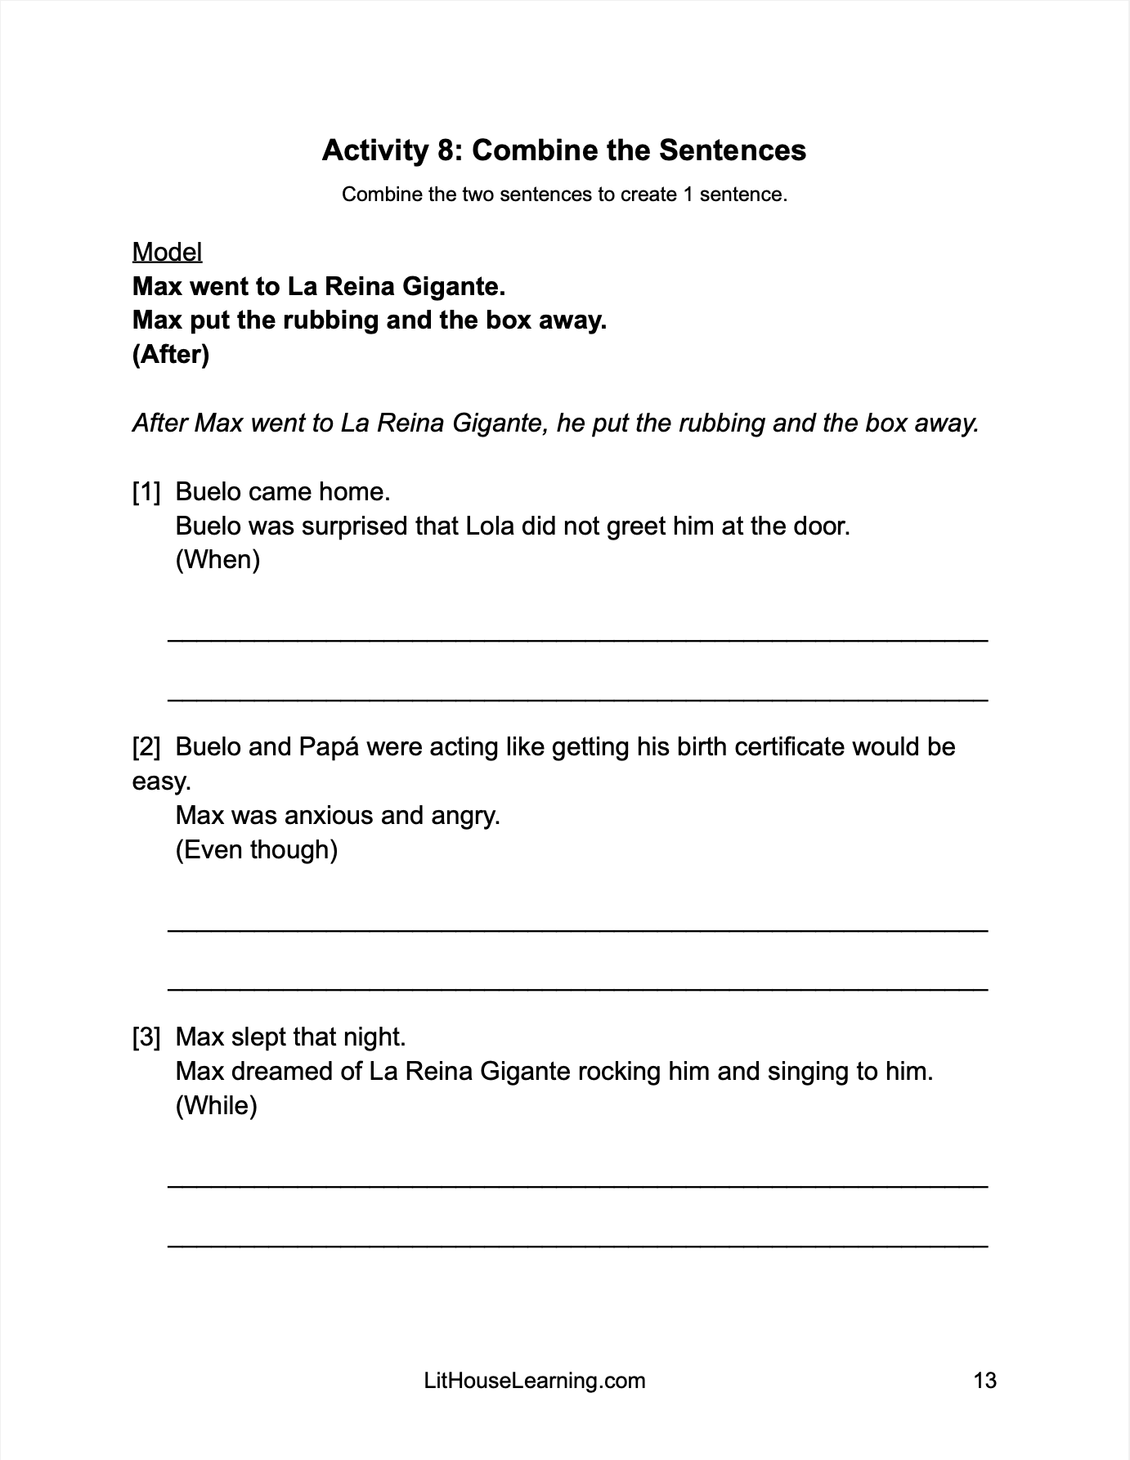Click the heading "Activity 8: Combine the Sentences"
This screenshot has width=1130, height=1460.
point(564,150)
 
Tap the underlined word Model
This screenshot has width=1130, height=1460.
point(167,252)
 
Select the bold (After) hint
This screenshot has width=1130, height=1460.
point(171,355)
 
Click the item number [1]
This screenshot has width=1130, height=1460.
point(146,492)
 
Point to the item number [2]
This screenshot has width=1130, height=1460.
point(146,747)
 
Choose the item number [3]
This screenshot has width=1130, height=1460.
point(146,1037)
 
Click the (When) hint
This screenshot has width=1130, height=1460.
point(217,560)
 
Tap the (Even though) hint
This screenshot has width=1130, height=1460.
point(256,850)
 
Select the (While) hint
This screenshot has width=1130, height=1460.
point(216,1106)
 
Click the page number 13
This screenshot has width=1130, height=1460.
point(985,1381)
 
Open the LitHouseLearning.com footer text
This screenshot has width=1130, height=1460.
point(535,1381)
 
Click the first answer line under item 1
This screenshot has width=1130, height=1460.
point(577,639)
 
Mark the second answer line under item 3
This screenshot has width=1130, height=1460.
point(577,1244)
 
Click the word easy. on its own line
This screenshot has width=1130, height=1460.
point(161,782)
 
